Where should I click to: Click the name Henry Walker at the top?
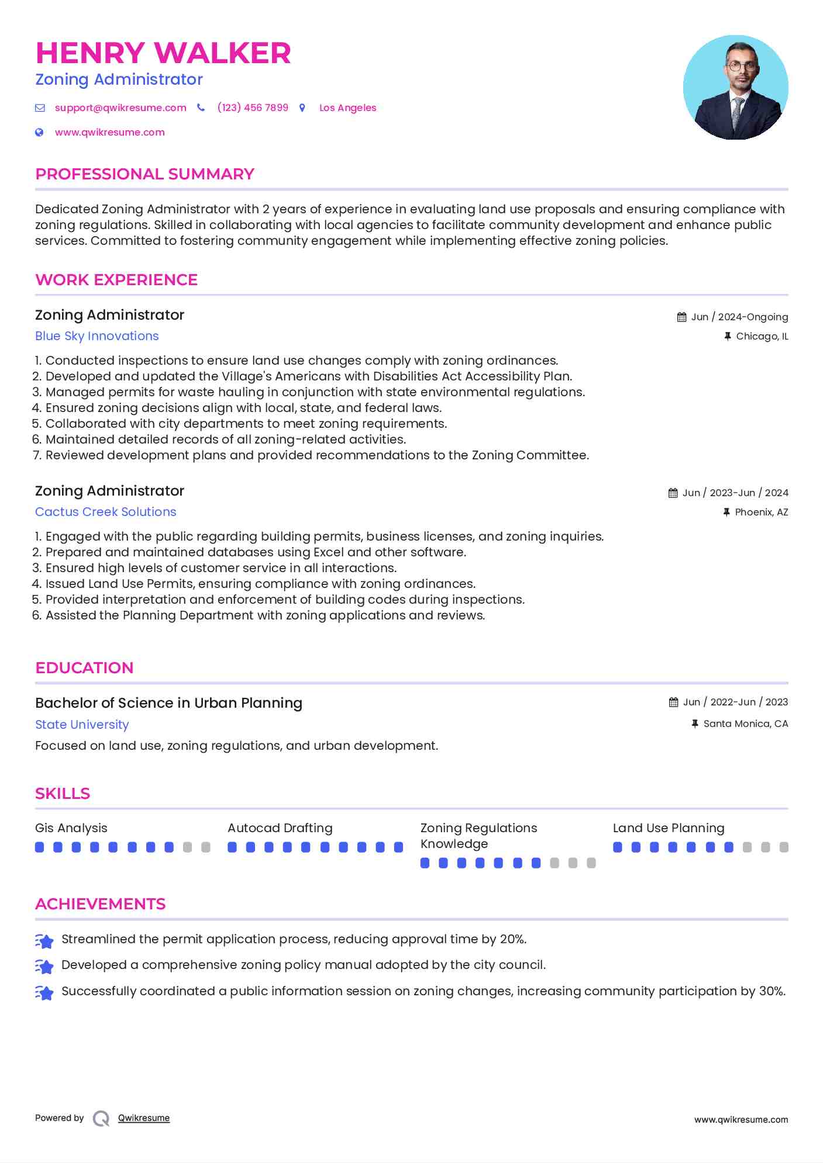(163, 53)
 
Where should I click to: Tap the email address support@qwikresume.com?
(120, 108)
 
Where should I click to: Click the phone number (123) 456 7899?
(253, 108)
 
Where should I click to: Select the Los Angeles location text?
(347, 108)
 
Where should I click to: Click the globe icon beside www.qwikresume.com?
(39, 132)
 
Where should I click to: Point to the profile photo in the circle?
(735, 88)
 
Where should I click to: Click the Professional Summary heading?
(144, 174)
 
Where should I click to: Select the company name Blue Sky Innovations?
(97, 336)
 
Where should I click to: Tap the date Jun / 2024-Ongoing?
(739, 317)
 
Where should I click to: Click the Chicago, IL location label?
(762, 336)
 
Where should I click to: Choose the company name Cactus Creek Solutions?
(105, 512)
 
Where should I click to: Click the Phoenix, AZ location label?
(761, 512)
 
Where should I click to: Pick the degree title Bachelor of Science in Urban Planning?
(168, 703)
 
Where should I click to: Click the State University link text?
(82, 725)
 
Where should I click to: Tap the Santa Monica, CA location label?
(745, 724)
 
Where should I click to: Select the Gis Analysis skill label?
(71, 828)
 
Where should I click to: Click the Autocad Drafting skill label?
(280, 828)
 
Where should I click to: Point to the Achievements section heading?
(101, 904)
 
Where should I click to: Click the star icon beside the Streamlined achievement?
(44, 940)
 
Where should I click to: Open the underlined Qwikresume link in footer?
(144, 1118)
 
